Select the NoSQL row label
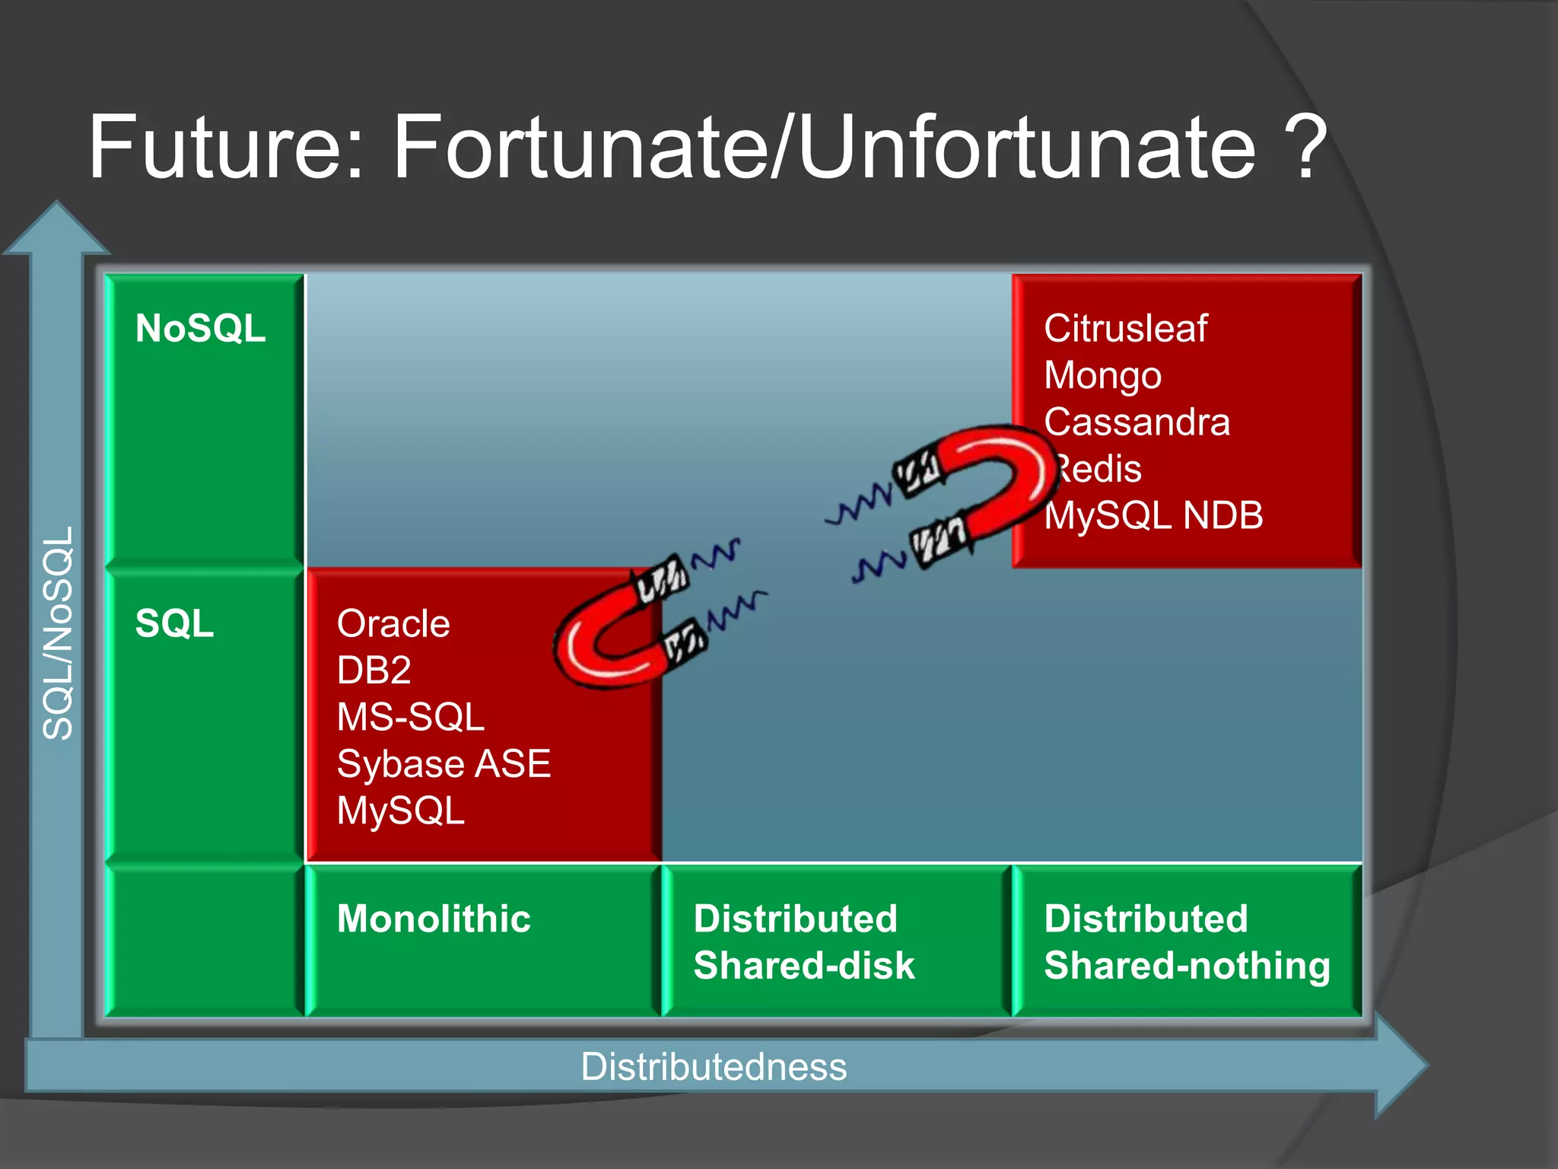pos(200,329)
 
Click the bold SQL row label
pos(174,623)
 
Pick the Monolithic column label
pos(434,919)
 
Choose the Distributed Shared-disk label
pos(803,942)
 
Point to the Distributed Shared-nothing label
pos(1187,942)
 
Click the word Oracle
pos(393,624)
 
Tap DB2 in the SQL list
pos(374,671)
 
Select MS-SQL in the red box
pos(410,717)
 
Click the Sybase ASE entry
pos(444,764)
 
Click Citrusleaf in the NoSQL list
pos(1125,329)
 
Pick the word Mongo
pos(1102,376)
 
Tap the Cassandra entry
pos(1137,422)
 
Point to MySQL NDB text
pos(1153,516)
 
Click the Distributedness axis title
pos(714,1067)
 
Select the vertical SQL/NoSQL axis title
pos(59,633)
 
